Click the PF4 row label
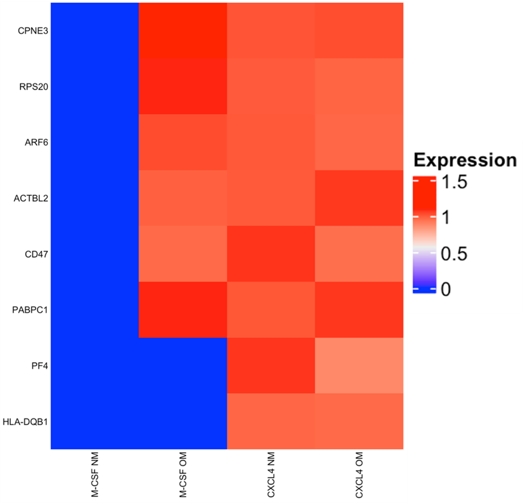pos(39,365)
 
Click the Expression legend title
pos(465,160)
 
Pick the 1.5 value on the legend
pos(455,183)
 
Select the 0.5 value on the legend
pos(455,253)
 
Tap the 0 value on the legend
pos(446,289)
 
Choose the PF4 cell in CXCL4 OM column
pos(359,365)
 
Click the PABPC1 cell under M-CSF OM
pos(183,309)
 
